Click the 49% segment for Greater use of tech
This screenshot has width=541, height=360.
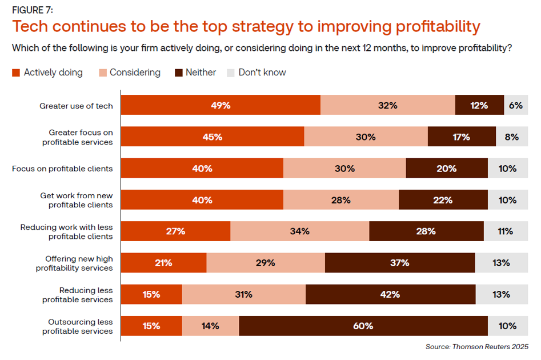coord(220,105)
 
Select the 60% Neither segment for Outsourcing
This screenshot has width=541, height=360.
coord(363,326)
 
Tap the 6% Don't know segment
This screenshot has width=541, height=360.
coord(516,105)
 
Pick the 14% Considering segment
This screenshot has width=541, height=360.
coord(210,326)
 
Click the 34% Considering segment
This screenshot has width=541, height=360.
coord(299,231)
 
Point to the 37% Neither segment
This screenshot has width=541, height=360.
coord(400,263)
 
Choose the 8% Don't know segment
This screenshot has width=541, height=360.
coord(511,137)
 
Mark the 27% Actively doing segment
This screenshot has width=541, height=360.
coord(175,231)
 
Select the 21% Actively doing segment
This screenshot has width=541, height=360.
coord(163,263)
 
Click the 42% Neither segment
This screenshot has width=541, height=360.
coord(390,295)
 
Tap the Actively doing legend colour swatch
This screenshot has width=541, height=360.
coord(16,73)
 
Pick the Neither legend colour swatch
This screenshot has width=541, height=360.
coord(178,73)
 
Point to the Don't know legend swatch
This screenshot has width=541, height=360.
coord(231,73)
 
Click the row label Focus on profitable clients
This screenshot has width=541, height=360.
coord(62,169)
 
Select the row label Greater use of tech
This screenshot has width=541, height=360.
coord(76,106)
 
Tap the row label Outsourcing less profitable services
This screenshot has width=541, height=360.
coord(77,326)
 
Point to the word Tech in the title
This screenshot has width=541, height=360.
coord(33,27)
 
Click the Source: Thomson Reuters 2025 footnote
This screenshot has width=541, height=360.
coord(477,347)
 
